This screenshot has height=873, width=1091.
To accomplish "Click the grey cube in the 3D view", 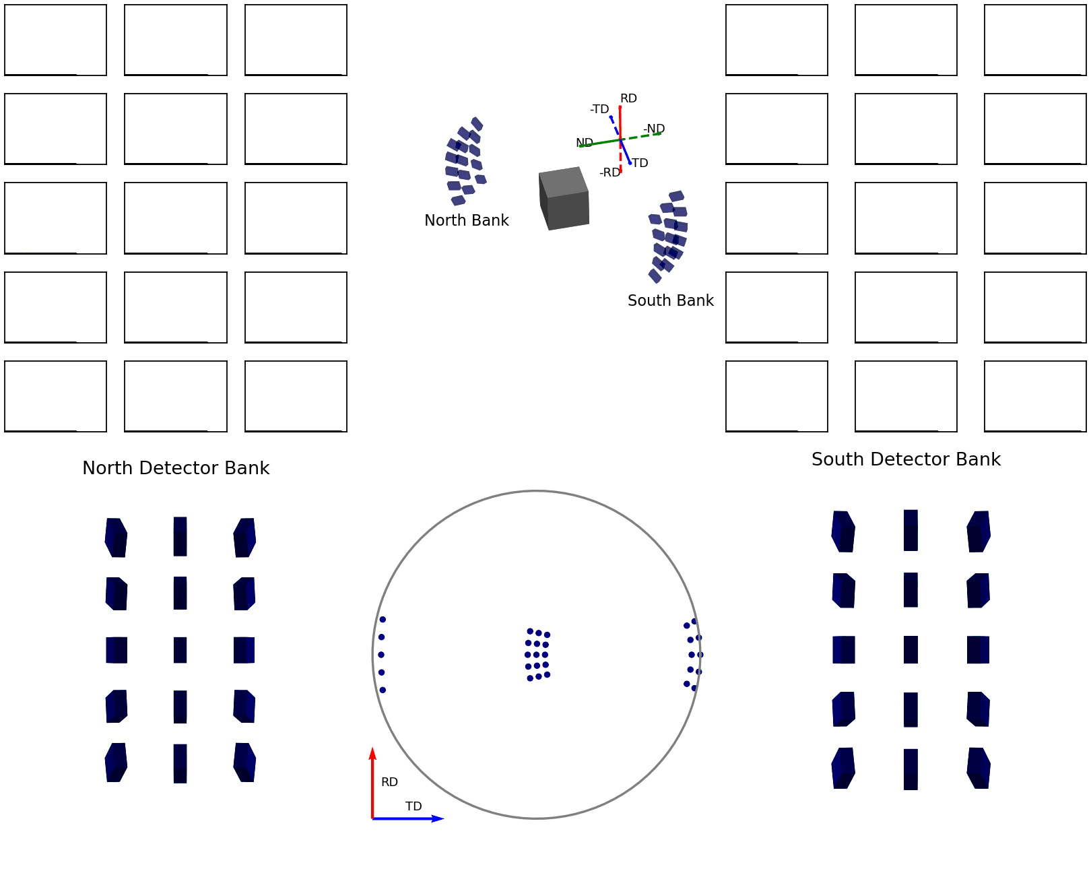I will (x=564, y=199).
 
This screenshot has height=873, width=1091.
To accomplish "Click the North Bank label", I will (x=466, y=220).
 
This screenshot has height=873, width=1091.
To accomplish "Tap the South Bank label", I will (x=670, y=300).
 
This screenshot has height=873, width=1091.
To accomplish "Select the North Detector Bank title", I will (x=176, y=468).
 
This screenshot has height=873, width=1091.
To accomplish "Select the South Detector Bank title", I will (x=906, y=459).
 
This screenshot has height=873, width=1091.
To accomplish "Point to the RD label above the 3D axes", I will (x=628, y=98).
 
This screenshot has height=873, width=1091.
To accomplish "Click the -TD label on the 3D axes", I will (x=599, y=109).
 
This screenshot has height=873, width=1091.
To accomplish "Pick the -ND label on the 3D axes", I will (x=654, y=129).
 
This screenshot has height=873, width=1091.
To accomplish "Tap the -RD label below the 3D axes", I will (x=609, y=172).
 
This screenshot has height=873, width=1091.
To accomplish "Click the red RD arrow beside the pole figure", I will (x=372, y=785).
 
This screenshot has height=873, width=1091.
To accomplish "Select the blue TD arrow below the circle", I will (x=407, y=818).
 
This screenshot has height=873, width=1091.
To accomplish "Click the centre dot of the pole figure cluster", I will (x=537, y=655).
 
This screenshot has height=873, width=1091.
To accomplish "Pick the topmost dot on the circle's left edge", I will (x=383, y=620).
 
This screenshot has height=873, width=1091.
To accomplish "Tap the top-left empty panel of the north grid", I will (x=55, y=40).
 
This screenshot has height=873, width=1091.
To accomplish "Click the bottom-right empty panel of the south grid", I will (x=1035, y=396).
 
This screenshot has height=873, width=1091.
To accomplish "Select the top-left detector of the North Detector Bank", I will (x=116, y=538).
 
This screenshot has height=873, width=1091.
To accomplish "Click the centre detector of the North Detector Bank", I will (x=180, y=650).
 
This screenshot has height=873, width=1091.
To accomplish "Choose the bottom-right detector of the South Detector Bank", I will (x=979, y=768).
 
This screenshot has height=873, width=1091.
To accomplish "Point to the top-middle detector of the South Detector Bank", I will (x=911, y=530).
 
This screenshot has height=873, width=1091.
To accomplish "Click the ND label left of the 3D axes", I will (x=584, y=143).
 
